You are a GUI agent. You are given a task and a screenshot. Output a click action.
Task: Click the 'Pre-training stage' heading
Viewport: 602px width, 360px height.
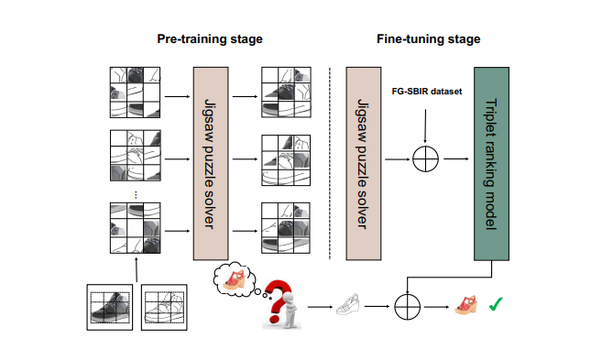pyautogui.click(x=210, y=39)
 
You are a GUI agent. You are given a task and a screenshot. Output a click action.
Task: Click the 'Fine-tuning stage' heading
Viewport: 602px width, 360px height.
pyautogui.click(x=429, y=39)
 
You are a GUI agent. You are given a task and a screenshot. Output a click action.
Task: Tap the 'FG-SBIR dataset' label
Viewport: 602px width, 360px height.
pyautogui.click(x=427, y=92)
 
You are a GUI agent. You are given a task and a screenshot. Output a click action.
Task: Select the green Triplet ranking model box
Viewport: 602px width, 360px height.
pyautogui.click(x=491, y=164)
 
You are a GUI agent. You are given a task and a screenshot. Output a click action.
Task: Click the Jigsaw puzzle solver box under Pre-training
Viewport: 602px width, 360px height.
pyautogui.click(x=211, y=164)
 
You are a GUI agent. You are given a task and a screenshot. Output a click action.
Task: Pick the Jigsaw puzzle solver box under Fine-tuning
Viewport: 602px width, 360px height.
pyautogui.click(x=364, y=164)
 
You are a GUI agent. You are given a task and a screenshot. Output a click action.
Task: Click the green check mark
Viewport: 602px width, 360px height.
pyautogui.click(x=496, y=304)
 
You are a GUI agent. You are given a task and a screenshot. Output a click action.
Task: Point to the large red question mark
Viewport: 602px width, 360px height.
pyautogui.click(x=278, y=300)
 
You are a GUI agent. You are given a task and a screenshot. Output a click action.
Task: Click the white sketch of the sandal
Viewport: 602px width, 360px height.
pyautogui.click(x=348, y=304)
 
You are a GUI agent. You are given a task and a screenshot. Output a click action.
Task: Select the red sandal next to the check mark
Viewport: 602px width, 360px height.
pyautogui.click(x=466, y=305)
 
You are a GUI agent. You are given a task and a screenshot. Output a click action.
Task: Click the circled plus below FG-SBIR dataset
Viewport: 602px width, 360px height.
pyautogui.click(x=425, y=158)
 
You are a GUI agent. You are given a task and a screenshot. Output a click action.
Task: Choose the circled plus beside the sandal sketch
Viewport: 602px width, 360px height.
pyautogui.click(x=408, y=307)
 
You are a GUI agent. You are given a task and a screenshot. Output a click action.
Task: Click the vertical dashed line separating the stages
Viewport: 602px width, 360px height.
pyautogui.click(x=330, y=164)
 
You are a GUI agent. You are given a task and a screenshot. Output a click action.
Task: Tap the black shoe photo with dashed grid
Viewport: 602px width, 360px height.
pyautogui.click(x=110, y=307)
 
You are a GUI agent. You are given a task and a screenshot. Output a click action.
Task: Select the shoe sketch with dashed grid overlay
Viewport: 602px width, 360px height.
pyautogui.click(x=164, y=307)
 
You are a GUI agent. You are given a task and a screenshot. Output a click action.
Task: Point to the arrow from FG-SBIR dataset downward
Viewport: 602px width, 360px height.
pyautogui.click(x=425, y=125)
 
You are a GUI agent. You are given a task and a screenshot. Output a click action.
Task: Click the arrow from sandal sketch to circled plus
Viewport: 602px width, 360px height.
pyautogui.click(x=377, y=306)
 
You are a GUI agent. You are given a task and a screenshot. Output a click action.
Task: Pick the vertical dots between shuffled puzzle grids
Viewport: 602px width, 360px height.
pyautogui.click(x=136, y=195)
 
